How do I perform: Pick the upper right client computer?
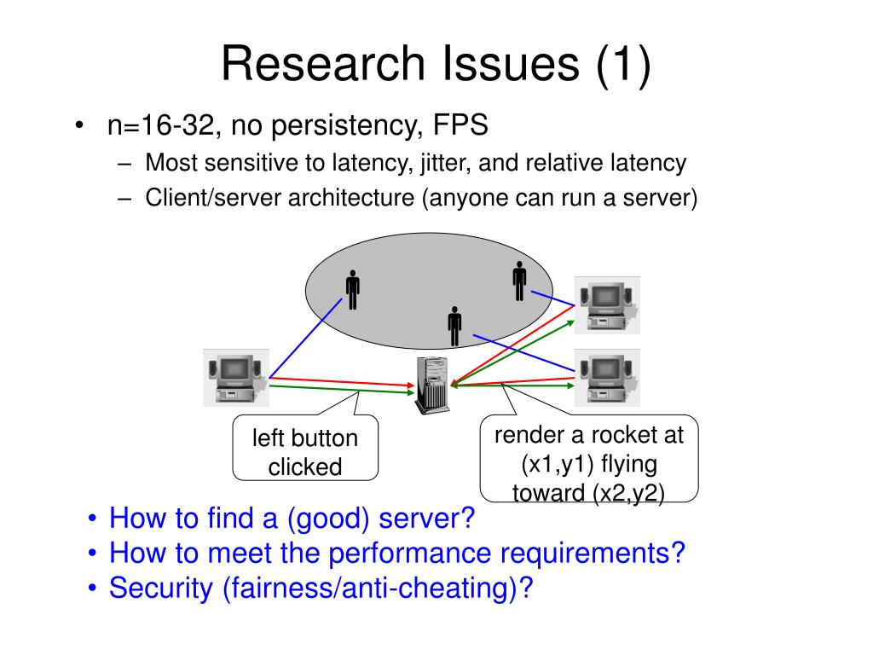click(606, 304)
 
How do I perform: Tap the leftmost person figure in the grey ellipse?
click(352, 290)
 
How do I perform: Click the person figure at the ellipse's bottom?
click(454, 326)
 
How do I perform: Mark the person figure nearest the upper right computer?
click(519, 281)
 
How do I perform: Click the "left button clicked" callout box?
click(304, 452)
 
